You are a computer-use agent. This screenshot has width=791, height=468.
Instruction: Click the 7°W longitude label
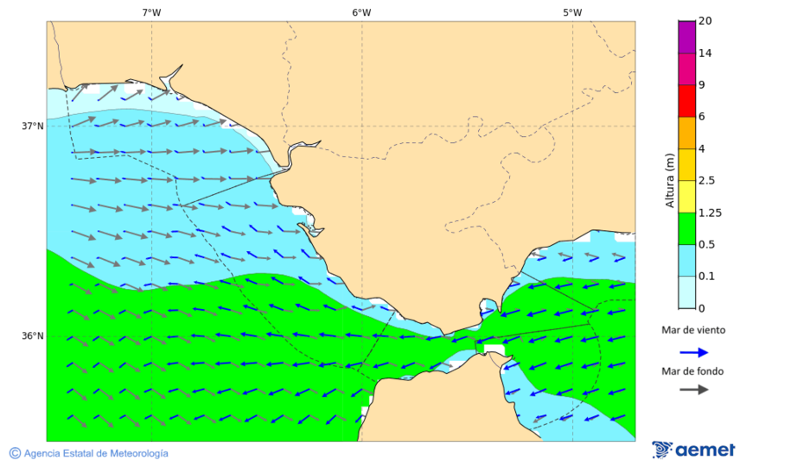151,12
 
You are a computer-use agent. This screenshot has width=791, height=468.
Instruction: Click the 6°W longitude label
361,12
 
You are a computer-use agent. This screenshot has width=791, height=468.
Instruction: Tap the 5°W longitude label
572,12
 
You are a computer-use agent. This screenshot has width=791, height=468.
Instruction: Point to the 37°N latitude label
33,126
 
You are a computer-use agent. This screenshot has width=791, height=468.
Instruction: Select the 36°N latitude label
33,336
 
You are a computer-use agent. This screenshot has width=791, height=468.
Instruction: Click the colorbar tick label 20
705,21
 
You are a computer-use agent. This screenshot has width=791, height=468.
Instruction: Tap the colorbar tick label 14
705,54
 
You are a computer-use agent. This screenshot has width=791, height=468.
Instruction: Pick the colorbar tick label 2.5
706,181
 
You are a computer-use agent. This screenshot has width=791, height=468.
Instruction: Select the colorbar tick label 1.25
708,212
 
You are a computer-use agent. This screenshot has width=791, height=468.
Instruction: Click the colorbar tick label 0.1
706,277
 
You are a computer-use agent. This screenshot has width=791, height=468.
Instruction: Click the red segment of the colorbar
686,101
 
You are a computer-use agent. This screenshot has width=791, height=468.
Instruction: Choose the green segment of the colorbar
686,228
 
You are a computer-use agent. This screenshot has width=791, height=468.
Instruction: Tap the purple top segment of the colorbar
686,37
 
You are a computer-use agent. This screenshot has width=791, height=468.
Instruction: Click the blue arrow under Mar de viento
694,352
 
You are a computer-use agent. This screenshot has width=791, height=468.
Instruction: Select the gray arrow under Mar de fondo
694,389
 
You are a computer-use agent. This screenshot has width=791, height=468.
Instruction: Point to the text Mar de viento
693,330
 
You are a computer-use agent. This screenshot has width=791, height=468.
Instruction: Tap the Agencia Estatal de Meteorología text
96,453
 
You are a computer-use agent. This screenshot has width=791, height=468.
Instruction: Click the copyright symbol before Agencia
15,453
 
